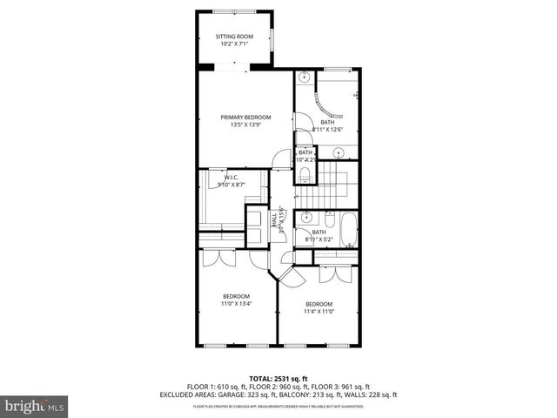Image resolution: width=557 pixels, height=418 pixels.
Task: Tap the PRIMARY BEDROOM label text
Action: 245,117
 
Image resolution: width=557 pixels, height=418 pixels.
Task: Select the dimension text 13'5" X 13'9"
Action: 245,125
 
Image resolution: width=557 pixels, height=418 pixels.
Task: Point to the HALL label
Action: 274,220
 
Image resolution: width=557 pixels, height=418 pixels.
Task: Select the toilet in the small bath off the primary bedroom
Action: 303,178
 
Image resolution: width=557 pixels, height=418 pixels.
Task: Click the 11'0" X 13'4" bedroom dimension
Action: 237,303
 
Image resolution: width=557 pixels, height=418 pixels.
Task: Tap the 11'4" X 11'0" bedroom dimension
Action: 319,311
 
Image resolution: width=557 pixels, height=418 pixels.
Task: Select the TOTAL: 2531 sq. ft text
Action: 278,379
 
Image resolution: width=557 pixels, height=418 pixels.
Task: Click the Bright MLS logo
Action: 32,407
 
